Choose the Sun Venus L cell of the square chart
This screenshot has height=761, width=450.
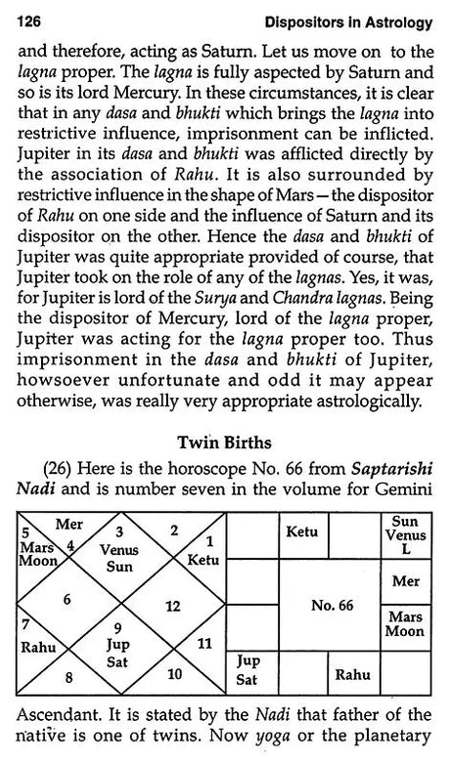click(x=403, y=533)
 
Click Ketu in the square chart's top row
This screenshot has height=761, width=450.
click(x=299, y=532)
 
